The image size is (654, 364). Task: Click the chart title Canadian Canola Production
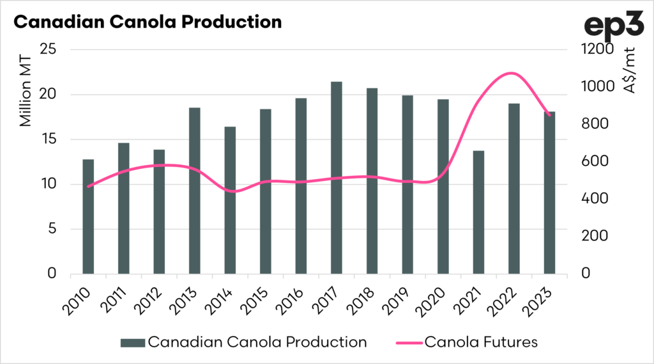tap(148, 22)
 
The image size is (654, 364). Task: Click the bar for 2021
tap(478, 212)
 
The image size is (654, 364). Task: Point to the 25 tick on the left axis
tap(49, 50)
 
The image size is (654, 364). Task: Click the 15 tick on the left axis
tap(49, 139)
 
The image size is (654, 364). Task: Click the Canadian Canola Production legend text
tap(257, 342)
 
